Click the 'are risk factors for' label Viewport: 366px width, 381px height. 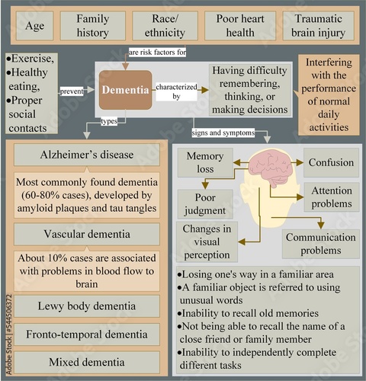156,52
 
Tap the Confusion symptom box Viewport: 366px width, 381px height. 330,162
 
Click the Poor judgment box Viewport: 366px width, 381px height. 200,202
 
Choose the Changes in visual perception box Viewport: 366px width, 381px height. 207,241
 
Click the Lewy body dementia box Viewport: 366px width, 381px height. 86,306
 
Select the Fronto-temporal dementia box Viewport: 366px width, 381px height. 86,333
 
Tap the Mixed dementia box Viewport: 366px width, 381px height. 86,360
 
